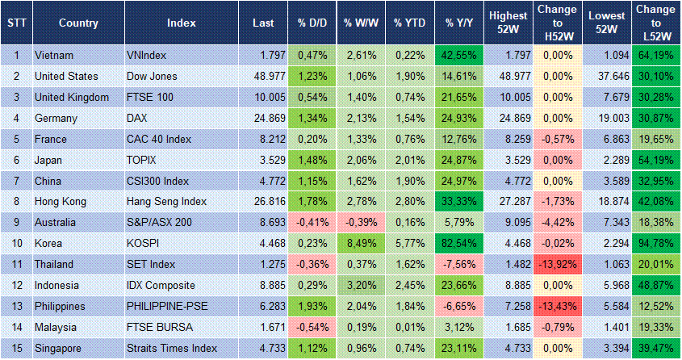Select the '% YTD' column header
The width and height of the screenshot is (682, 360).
click(409, 23)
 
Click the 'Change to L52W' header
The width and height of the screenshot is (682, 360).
click(656, 23)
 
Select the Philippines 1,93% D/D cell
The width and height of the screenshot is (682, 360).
click(311, 307)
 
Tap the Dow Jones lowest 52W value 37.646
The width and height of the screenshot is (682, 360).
click(606, 76)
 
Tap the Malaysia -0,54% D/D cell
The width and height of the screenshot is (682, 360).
click(311, 328)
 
